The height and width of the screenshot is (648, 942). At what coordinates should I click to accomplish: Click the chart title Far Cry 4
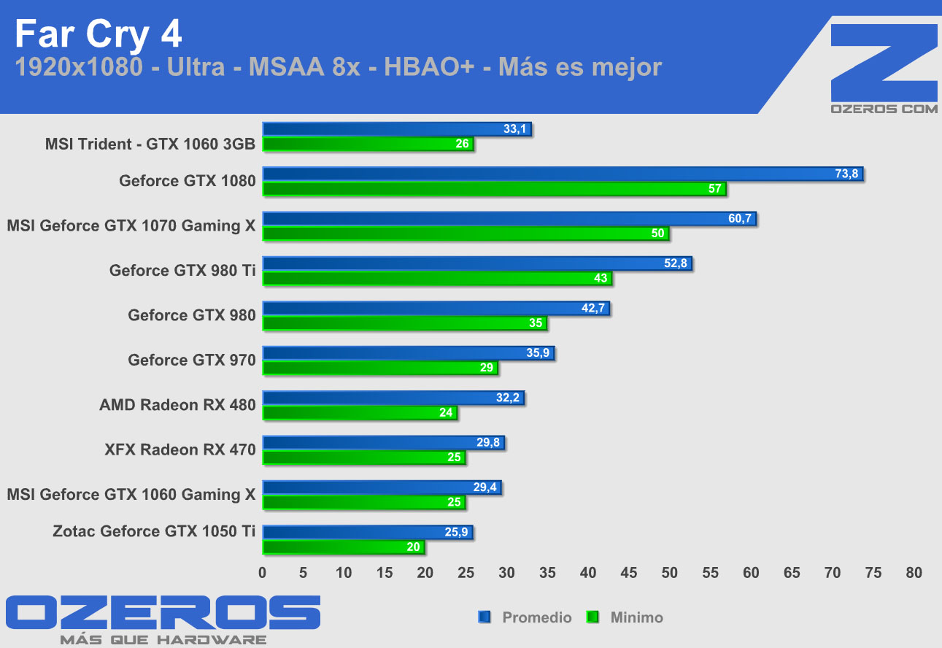tap(99, 34)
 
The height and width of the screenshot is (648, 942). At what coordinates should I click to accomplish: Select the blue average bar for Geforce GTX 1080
tap(562, 174)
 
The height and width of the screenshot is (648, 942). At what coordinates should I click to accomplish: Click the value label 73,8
tap(846, 174)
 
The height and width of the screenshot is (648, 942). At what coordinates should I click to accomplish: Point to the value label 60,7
tap(740, 219)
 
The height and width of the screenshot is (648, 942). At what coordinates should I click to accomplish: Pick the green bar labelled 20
tap(343, 547)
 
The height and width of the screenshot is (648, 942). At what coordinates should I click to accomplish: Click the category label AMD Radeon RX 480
tap(177, 405)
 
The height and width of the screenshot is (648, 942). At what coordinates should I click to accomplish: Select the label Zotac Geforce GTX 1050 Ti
tap(154, 531)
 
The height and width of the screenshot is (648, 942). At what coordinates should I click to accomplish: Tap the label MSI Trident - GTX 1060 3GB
tap(150, 144)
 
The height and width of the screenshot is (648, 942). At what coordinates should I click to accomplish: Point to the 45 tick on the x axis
tap(629, 573)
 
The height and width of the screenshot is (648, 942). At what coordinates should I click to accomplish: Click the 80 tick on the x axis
tap(914, 573)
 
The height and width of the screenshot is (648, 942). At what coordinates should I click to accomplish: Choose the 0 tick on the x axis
tap(263, 573)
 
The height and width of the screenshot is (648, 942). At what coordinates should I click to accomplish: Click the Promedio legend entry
tap(536, 617)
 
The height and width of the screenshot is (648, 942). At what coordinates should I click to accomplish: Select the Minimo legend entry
tap(636, 617)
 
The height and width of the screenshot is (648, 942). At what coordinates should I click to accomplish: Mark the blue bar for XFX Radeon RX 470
tap(383, 442)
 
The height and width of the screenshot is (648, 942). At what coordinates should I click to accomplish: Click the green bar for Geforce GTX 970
tap(379, 368)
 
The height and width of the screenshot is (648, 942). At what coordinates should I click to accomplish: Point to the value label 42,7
tap(594, 309)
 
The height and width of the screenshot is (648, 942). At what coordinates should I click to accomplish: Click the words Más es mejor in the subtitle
tap(580, 68)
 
